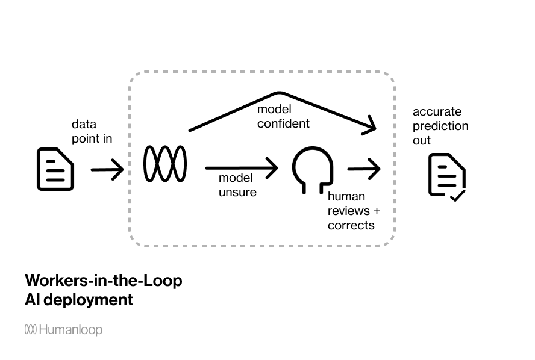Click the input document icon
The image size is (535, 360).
pos(55,169)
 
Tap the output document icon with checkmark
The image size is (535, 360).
pos(446,176)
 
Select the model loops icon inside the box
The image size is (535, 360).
pos(165,163)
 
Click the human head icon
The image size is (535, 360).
pos(313,169)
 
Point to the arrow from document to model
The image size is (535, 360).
pos(107,170)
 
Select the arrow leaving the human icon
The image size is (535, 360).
pos(364,169)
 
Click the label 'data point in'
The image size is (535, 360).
pos(92,132)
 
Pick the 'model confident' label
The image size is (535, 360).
pos(283,116)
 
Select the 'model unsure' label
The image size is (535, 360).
pos(237,185)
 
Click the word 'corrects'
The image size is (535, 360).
pos(351,225)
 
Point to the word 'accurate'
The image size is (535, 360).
pos(437,111)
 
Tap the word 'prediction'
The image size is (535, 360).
pos(440,126)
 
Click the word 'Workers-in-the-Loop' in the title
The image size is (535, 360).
pos(103,281)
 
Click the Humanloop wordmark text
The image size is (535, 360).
pos(70,330)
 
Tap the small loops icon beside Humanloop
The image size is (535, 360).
pos(31,329)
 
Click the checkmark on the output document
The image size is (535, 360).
pos(457,195)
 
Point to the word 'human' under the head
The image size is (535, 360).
pos(346,197)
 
